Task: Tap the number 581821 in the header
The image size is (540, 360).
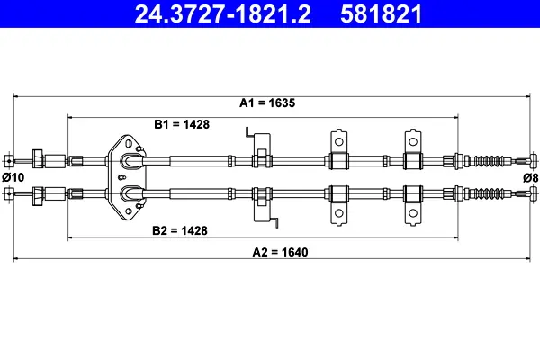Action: pyautogui.click(x=381, y=13)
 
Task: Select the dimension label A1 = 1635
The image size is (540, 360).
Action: pyautogui.click(x=267, y=103)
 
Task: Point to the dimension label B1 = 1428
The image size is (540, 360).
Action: pyautogui.click(x=182, y=124)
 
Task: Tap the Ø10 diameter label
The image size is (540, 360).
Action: pyautogui.click(x=13, y=177)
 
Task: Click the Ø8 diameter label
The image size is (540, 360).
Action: pyautogui.click(x=530, y=177)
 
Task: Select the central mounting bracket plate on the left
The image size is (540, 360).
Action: pyautogui.click(x=130, y=176)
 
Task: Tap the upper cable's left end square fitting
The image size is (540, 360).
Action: pyautogui.click(x=8, y=161)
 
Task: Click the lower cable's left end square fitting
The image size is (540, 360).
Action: pyautogui.click(x=8, y=192)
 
